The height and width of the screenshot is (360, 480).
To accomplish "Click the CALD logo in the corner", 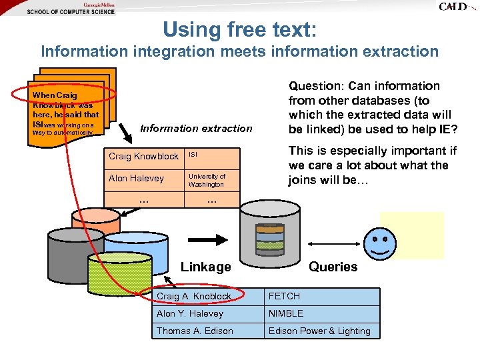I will (457, 7).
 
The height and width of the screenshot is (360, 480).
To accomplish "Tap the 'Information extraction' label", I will (196, 128).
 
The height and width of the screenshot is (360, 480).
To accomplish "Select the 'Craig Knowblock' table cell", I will (143, 156).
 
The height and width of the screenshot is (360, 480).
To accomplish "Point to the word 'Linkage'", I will (205, 267).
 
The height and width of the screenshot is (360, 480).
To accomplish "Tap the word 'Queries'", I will (333, 267).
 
